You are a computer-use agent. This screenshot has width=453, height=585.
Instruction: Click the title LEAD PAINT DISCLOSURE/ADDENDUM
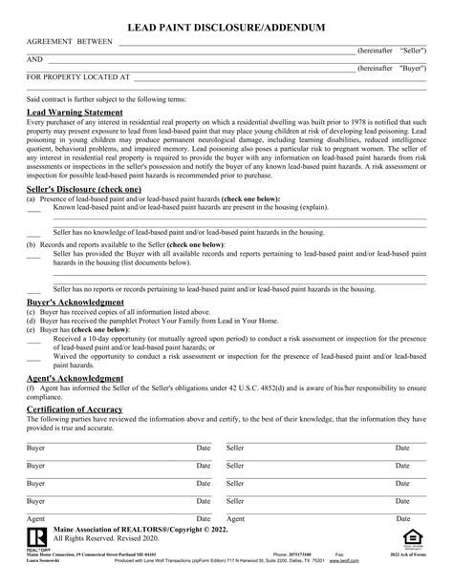tap(226, 30)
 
